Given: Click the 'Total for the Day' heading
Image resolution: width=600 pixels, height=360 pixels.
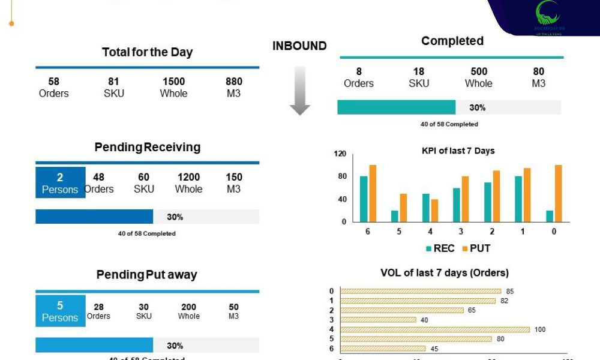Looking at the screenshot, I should click(x=147, y=52).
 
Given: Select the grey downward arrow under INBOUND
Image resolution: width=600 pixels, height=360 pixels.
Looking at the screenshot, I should click(x=299, y=91).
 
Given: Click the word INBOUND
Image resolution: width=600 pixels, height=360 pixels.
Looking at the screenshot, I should click(x=299, y=46).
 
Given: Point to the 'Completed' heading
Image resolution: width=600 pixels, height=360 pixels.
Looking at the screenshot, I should click(x=452, y=41).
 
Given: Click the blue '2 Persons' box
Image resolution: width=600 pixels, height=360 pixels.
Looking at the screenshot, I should click(x=60, y=182).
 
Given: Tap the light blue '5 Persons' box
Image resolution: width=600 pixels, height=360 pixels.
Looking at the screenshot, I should click(x=60, y=311).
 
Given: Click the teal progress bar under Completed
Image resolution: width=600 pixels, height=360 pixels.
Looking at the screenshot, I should click(x=396, y=107).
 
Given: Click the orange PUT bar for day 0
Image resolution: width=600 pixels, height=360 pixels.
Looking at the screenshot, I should click(x=558, y=193).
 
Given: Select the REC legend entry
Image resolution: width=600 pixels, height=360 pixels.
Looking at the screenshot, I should click(x=440, y=248).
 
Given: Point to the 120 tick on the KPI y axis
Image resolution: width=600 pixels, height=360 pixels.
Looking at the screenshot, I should click(x=340, y=154).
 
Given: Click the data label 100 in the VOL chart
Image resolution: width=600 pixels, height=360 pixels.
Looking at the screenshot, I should click(x=541, y=329).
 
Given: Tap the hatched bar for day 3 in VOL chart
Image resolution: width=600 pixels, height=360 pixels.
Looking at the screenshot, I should click(x=378, y=320).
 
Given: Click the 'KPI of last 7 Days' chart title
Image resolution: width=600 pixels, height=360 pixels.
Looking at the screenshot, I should click(x=458, y=151).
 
